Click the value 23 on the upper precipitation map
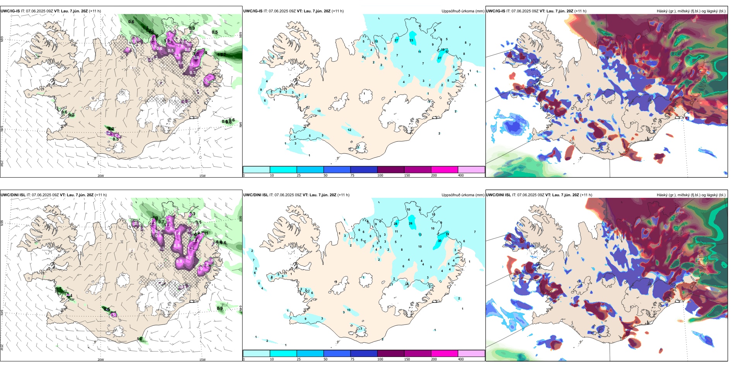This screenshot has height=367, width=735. (x=411, y=40)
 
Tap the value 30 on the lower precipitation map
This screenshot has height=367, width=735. (x=439, y=241)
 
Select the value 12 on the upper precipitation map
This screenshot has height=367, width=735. (x=349, y=130)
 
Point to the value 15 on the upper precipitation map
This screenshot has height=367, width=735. (x=376, y=41)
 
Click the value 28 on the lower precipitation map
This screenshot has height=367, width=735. (x=395, y=224)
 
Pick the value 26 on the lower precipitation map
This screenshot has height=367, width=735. (x=410, y=223)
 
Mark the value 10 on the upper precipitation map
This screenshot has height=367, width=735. (x=319, y=111)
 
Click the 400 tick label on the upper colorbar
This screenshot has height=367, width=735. (x=461, y=175)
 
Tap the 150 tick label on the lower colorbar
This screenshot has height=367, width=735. (x=407, y=359)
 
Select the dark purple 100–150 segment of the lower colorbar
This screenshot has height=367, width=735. (x=391, y=353)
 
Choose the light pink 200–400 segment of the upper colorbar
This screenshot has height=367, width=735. (x=471, y=170)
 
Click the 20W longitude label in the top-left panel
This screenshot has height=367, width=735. (x=101, y=176)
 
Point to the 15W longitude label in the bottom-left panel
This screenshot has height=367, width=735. (x=202, y=360)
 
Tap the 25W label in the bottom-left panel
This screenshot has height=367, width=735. (x=2, y=347)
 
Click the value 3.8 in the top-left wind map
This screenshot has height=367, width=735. (x=196, y=58)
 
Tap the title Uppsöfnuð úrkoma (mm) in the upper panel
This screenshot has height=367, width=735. (x=463, y=11)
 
